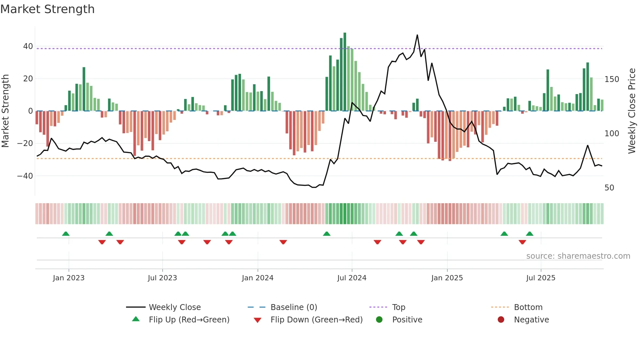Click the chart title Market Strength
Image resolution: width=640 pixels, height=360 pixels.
(47, 9)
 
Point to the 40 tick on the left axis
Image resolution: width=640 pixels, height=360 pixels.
(28, 46)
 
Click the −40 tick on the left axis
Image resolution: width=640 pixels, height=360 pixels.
(25, 176)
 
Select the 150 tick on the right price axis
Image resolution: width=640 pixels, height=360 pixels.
(612, 79)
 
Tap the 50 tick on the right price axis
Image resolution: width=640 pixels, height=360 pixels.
(609, 188)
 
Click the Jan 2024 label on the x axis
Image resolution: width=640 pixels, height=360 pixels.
(258, 278)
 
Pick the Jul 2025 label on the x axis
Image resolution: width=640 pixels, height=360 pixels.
(541, 278)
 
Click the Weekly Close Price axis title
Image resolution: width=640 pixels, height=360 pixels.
(632, 111)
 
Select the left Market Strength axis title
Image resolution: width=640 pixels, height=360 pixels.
(6, 111)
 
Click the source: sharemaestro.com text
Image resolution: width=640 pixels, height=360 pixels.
(578, 256)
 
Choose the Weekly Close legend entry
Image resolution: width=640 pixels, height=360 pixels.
(175, 307)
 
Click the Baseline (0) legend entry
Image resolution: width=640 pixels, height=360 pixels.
(294, 307)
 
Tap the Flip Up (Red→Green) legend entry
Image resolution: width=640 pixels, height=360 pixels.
(189, 320)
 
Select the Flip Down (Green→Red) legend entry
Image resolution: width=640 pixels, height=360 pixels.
(316, 320)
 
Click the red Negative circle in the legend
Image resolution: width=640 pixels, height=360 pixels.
(501, 319)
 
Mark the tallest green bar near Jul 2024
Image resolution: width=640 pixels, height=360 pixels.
(345, 72)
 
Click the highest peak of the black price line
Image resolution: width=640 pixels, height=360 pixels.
(417, 35)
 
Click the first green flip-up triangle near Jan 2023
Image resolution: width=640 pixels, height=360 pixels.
(66, 234)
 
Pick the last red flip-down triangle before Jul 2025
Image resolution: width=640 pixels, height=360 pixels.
(522, 242)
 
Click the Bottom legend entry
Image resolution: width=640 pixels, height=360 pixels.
(528, 307)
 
